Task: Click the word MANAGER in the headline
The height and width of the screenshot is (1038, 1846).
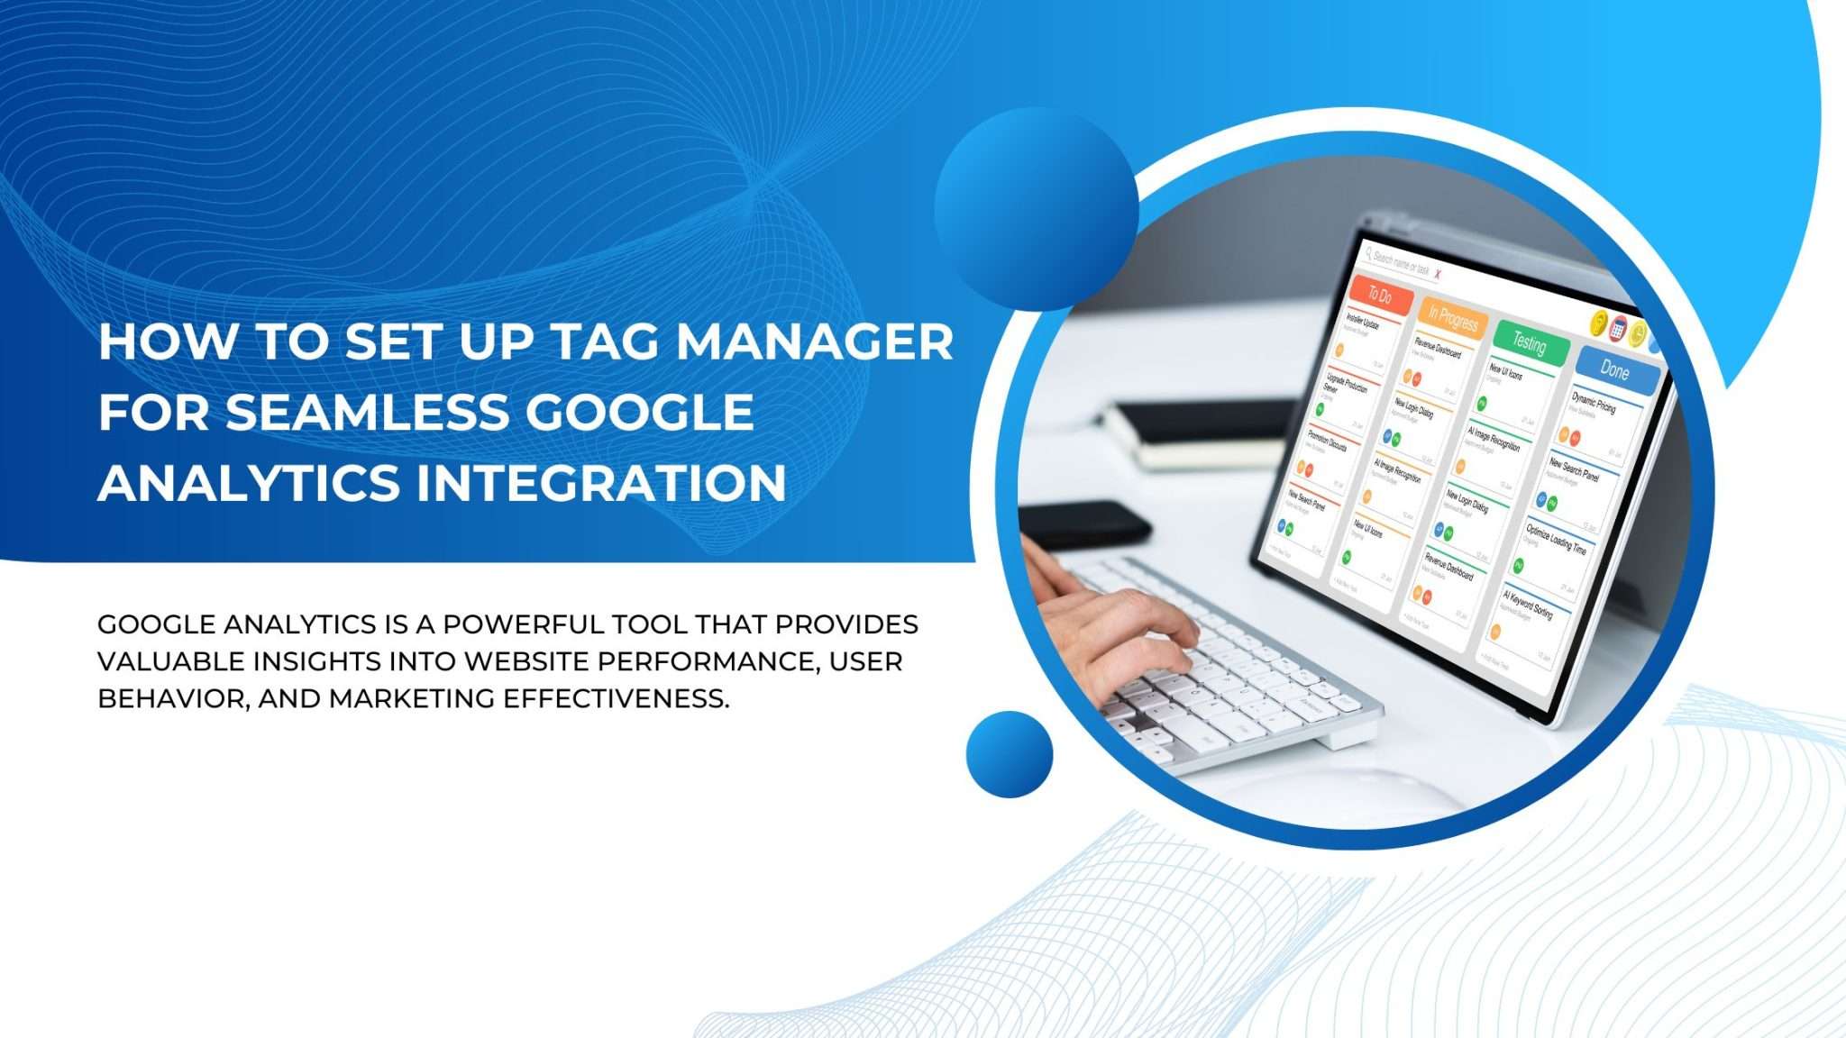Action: point(814,342)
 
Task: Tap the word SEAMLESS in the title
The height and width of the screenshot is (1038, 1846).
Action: point(368,413)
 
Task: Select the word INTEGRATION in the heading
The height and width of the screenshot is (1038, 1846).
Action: point(600,483)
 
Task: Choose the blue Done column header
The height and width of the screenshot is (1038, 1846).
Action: point(1614,369)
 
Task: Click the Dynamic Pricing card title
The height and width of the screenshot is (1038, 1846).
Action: point(1594,403)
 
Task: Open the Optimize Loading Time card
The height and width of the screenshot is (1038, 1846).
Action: point(1556,538)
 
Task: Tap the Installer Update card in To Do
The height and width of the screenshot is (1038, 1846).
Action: point(1362,322)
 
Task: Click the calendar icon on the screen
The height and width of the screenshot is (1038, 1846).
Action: point(1618,328)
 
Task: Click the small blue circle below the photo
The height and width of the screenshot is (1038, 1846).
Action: point(1009,754)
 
